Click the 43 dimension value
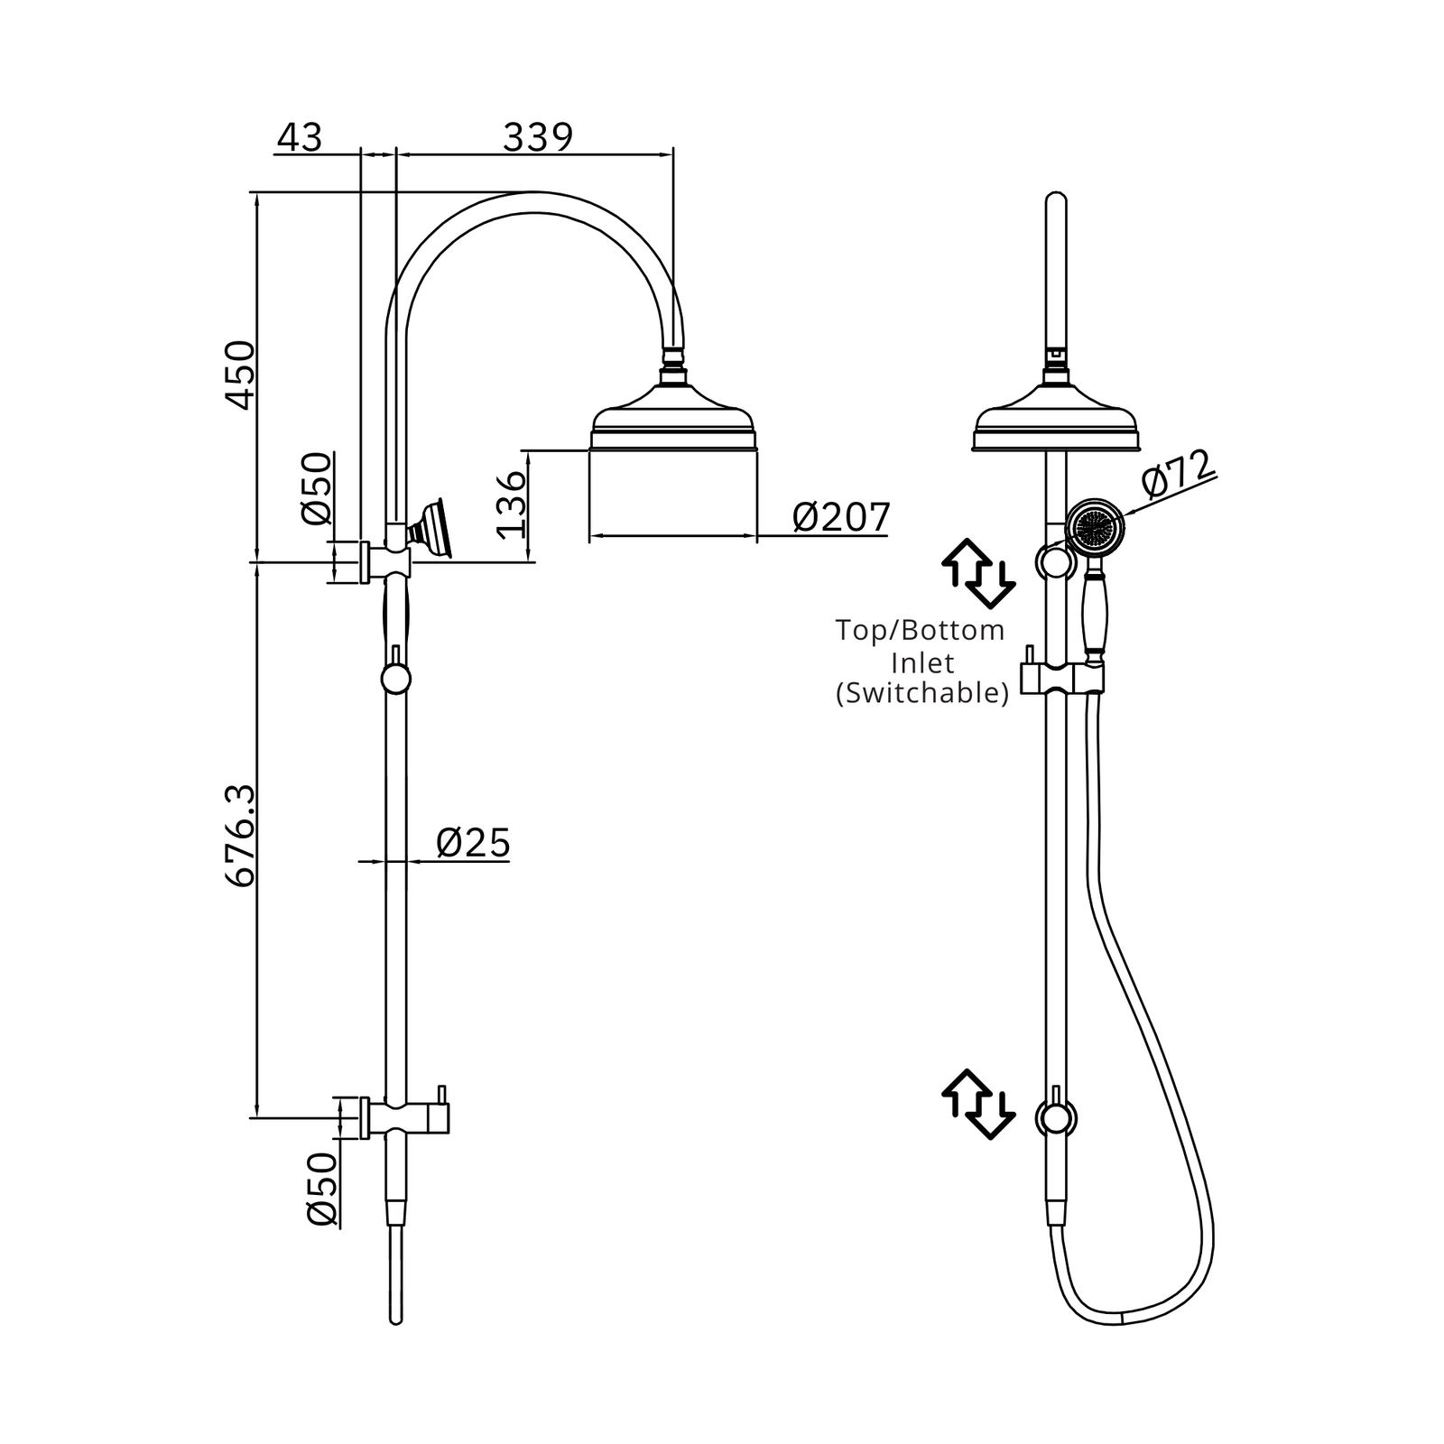(x=300, y=138)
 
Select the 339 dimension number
(x=538, y=138)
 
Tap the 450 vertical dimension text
(x=240, y=375)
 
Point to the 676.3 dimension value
(x=240, y=837)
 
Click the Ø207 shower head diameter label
(x=841, y=518)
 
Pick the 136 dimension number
(x=511, y=504)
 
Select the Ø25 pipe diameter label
(x=473, y=843)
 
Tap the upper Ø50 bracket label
(x=318, y=488)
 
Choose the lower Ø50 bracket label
(x=322, y=1189)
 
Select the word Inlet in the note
(x=922, y=663)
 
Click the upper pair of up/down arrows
(x=978, y=573)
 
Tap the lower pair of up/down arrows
(x=978, y=1104)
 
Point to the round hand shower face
(x=1097, y=526)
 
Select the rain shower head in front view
(x=1056, y=416)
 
